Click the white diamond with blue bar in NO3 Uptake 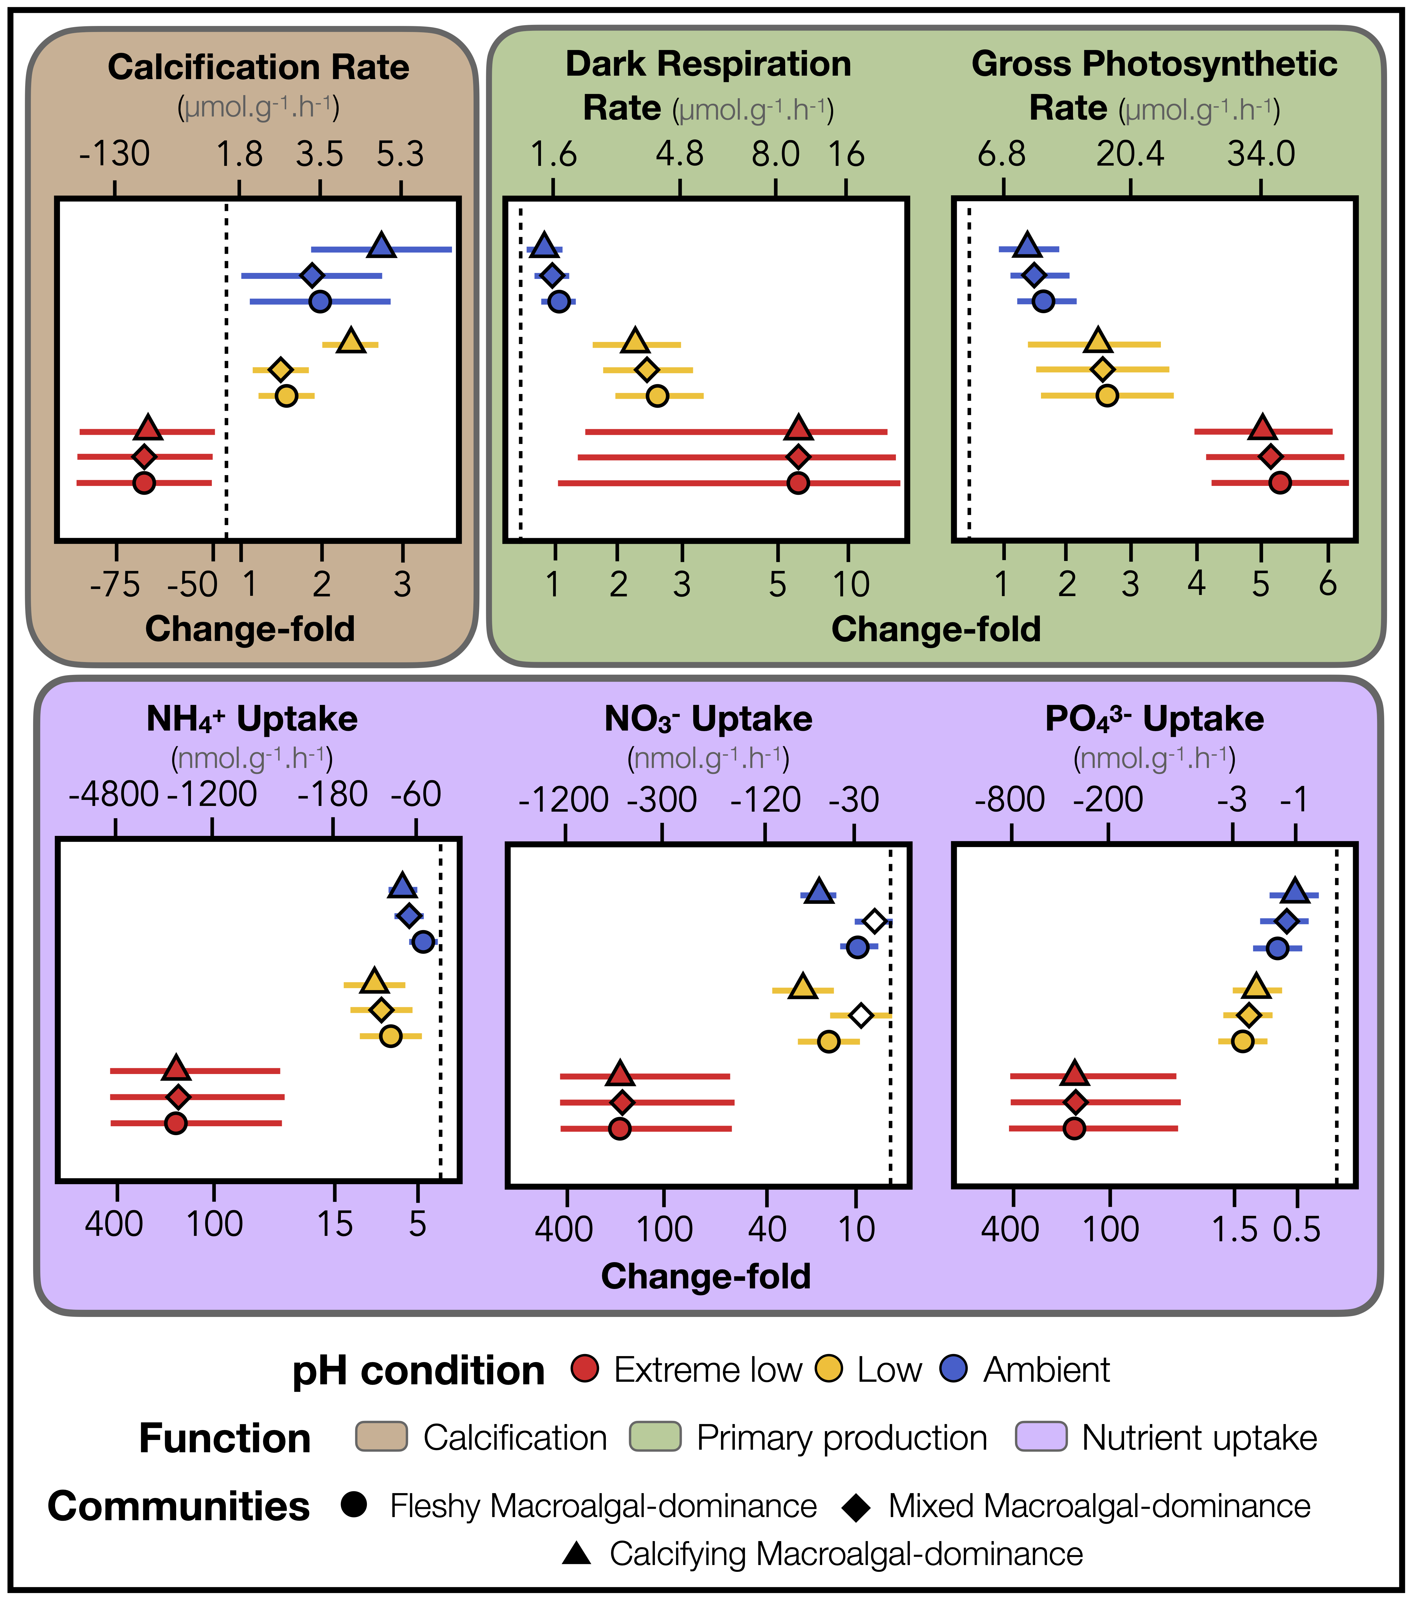[874, 921]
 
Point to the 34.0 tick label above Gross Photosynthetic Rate [1261, 154]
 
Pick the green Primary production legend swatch [655, 1437]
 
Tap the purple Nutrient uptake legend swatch [1041, 1437]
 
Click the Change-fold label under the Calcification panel [250, 629]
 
